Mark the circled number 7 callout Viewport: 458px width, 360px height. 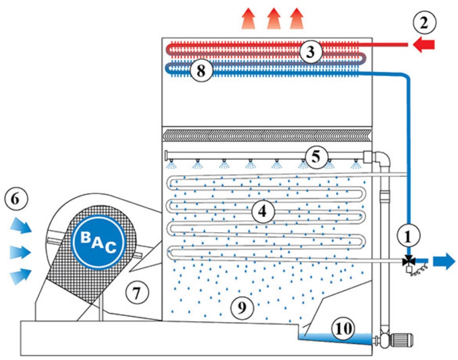click(x=136, y=293)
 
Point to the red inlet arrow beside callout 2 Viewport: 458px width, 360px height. click(x=423, y=45)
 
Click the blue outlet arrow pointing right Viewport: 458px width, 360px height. click(x=441, y=261)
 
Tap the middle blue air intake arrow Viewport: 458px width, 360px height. click(x=20, y=252)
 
